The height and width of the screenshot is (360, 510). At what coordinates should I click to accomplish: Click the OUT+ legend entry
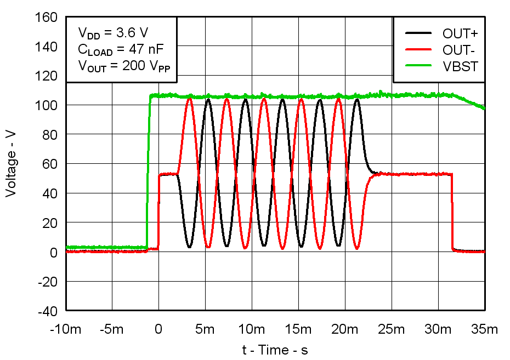click(x=460, y=33)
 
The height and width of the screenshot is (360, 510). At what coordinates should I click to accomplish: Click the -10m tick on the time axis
click(x=66, y=329)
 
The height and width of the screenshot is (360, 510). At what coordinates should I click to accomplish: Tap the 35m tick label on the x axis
click(x=485, y=329)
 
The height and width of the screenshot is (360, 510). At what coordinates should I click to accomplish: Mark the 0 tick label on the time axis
click(x=158, y=329)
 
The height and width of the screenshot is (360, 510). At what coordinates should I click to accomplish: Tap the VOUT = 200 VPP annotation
click(x=121, y=66)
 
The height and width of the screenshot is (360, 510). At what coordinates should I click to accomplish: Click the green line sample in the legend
click(x=420, y=66)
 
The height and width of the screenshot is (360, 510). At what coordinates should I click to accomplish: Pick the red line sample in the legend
click(x=420, y=49)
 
